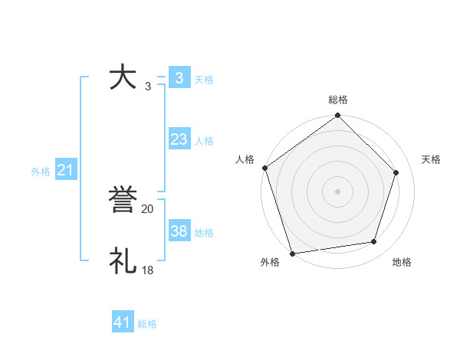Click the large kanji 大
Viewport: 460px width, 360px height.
coord(123,77)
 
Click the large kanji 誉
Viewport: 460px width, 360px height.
coord(123,201)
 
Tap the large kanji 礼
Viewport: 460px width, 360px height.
coord(123,260)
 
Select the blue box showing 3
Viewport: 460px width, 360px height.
coord(179,78)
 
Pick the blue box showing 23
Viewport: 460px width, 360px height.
coord(179,139)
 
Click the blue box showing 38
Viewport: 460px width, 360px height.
coord(179,231)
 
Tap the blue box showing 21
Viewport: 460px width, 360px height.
coord(65,170)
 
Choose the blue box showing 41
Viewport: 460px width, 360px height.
coord(123,322)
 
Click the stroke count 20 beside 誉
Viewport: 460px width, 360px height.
coord(148,208)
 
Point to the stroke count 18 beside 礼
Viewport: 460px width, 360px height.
coord(148,270)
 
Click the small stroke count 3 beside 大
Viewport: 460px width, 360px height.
coord(147,87)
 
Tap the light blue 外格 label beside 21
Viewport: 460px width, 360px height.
coord(41,172)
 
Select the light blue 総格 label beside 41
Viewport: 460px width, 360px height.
coord(147,324)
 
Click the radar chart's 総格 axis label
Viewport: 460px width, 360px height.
coord(338,100)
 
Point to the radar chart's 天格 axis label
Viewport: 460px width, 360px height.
coord(431,159)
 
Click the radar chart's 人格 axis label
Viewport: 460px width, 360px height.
coord(245,159)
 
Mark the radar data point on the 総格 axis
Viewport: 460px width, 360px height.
coord(338,116)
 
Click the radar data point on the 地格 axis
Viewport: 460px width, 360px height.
coord(374,242)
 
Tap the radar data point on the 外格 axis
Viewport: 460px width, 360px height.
coord(292,253)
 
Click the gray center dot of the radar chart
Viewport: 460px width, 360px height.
coord(338,191)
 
